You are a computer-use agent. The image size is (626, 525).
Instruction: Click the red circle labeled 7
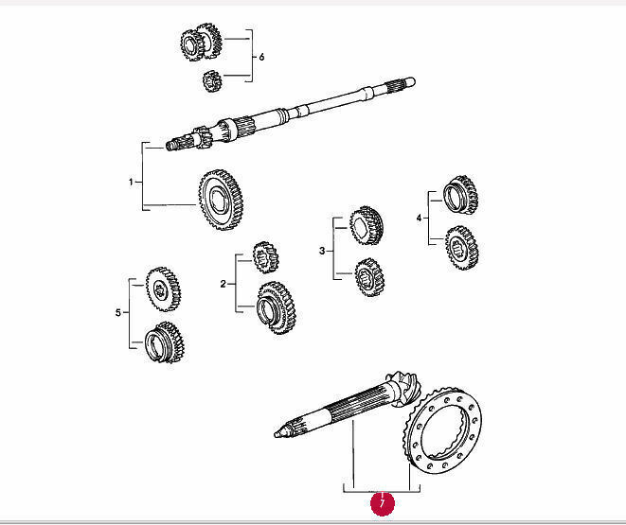tap(381, 503)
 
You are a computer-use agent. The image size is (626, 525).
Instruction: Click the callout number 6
tap(261, 57)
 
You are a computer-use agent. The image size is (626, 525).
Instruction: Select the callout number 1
tap(131, 181)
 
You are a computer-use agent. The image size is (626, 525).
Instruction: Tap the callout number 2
tap(223, 283)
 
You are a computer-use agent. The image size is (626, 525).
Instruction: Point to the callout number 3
tap(321, 251)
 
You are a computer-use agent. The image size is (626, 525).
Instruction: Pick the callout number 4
tap(419, 218)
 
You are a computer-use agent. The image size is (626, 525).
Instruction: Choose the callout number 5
tap(117, 312)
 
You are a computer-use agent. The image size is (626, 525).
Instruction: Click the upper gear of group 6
tap(200, 43)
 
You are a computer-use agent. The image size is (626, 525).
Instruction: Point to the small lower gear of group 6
tap(210, 82)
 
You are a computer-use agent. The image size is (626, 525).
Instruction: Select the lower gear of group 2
tap(274, 307)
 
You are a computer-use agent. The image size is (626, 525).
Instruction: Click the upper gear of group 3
tap(365, 224)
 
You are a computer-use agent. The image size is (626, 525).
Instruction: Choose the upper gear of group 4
tap(460, 194)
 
